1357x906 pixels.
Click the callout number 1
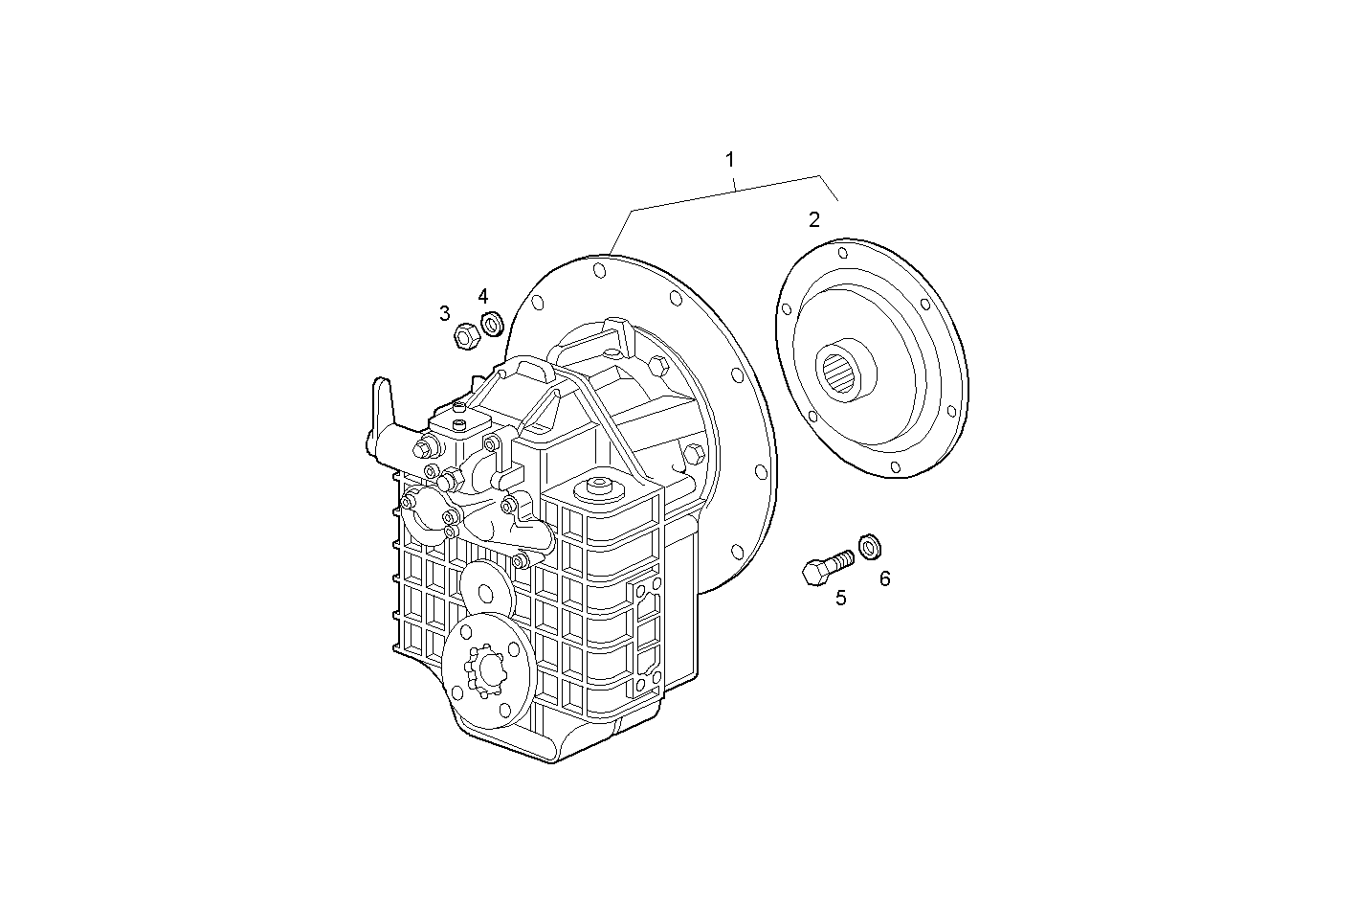[730, 158]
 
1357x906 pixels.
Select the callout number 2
[813, 220]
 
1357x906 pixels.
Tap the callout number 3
[445, 313]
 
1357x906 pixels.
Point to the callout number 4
[483, 297]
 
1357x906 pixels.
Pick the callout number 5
[840, 599]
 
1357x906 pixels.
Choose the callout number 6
[884, 578]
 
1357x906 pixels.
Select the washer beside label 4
[492, 324]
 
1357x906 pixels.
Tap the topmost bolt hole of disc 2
[842, 255]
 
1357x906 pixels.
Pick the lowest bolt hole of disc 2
[894, 467]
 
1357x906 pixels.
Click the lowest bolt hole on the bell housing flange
[735, 551]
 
